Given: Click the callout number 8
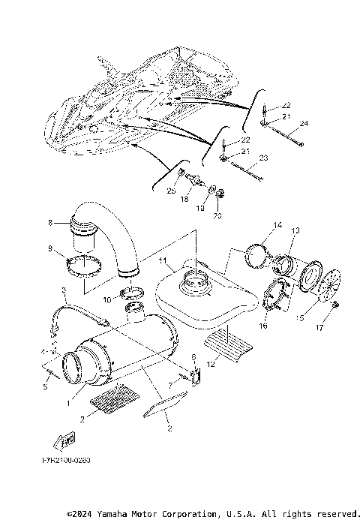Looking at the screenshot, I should [50, 222].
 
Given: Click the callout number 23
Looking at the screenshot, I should [263, 158].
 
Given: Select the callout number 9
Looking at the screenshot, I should [50, 248].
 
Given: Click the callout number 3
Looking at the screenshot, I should [65, 290].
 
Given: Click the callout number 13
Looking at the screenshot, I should [295, 230].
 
